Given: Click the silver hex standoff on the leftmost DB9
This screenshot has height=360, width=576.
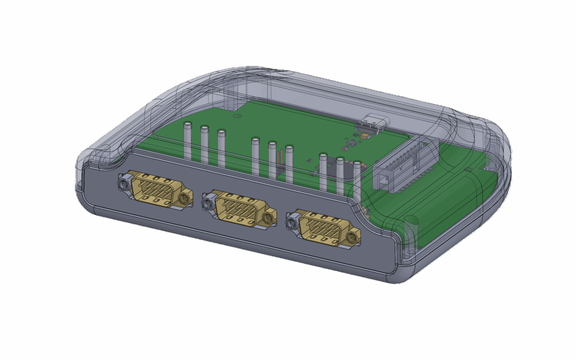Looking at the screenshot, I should click(123, 185).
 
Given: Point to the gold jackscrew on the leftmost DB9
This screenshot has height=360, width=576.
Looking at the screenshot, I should click(185, 199).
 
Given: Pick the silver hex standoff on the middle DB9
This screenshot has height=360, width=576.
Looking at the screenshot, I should click(207, 202).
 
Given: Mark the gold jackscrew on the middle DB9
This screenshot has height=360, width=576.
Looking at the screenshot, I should click(269, 217).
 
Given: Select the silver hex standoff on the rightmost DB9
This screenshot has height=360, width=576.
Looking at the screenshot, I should click(292, 220).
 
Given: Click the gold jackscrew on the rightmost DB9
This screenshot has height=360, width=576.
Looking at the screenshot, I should click(353, 237).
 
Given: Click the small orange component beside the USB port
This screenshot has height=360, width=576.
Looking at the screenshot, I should click(364, 137).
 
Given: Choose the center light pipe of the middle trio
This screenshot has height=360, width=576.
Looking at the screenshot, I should click(273, 160).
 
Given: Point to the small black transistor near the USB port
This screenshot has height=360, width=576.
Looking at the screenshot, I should click(352, 143).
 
